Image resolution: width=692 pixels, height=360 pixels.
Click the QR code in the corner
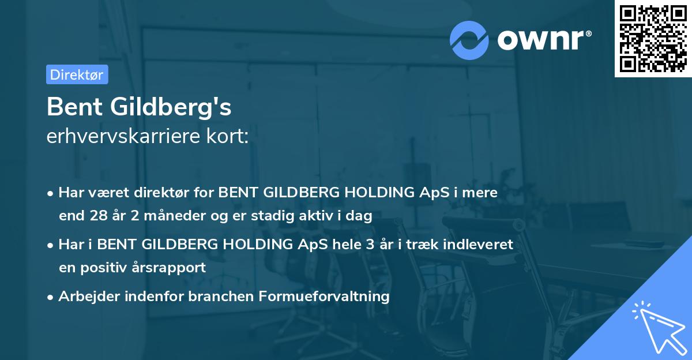653,39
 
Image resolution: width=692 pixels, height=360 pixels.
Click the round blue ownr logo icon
470,40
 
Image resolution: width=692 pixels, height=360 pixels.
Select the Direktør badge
77,74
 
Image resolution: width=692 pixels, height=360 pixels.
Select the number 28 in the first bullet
97,216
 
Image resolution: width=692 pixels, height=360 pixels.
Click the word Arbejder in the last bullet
84,297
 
